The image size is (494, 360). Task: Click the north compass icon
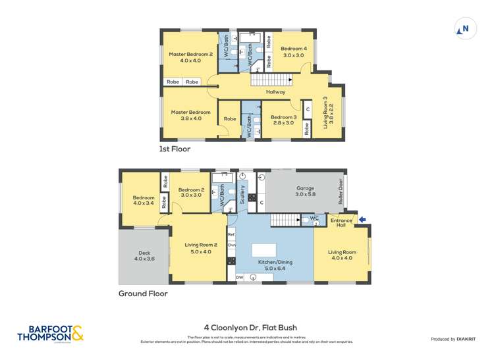click(464, 29)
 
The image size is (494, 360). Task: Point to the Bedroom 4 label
click(294, 52)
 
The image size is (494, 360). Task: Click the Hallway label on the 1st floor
click(275, 91)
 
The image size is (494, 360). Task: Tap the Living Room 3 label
click(328, 112)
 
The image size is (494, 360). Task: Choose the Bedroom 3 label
click(284, 120)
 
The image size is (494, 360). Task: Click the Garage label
click(306, 192)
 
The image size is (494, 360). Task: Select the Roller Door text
click(341, 193)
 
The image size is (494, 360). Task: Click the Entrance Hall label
click(341, 222)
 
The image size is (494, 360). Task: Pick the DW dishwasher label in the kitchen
click(239, 278)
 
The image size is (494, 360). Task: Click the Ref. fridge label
click(231, 234)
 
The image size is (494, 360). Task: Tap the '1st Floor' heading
click(175, 149)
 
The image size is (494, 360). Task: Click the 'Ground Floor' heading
click(143, 294)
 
